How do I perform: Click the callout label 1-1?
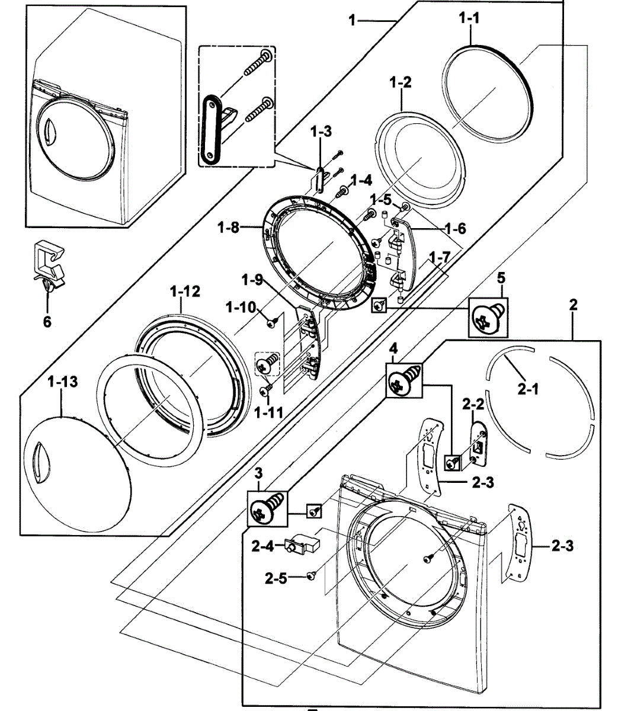tap(469, 19)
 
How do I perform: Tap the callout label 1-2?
tap(401, 82)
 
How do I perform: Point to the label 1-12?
tap(185, 291)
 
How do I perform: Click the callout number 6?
tap(47, 322)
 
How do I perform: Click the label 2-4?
tap(263, 546)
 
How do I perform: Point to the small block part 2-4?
tap(301, 543)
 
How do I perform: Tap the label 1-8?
tap(229, 227)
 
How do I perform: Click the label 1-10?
tap(240, 307)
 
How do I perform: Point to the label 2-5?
tap(276, 577)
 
